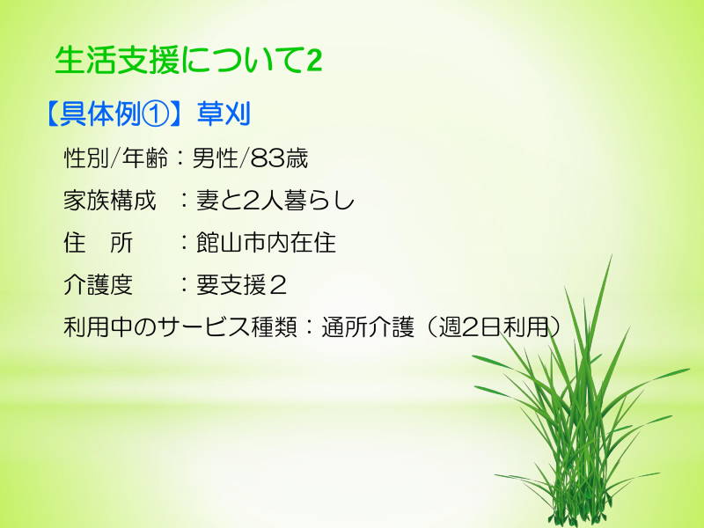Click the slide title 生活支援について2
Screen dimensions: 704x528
pyautogui.click(x=188, y=60)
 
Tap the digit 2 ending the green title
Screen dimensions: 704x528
pyautogui.click(x=314, y=61)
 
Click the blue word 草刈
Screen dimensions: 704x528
pyautogui.click(x=224, y=114)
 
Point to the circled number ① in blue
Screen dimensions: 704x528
pyautogui.click(x=156, y=114)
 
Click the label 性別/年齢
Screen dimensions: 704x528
pyautogui.click(x=116, y=158)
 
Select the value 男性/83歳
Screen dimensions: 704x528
pyautogui.click(x=250, y=158)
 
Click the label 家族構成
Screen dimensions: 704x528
pyautogui.click(x=109, y=201)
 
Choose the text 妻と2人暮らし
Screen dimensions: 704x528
pyautogui.click(x=275, y=201)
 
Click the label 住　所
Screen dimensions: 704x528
pyautogui.click(x=99, y=243)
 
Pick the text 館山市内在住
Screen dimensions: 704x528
pyautogui.click(x=266, y=243)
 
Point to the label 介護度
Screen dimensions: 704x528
pyautogui.click(x=98, y=284)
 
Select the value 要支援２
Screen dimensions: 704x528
pyautogui.click(x=241, y=284)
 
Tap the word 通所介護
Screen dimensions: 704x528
pyautogui.click(x=368, y=326)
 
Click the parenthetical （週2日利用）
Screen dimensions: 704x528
pyautogui.click(x=494, y=326)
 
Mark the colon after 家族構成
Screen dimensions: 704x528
pyautogui.click(x=184, y=201)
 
